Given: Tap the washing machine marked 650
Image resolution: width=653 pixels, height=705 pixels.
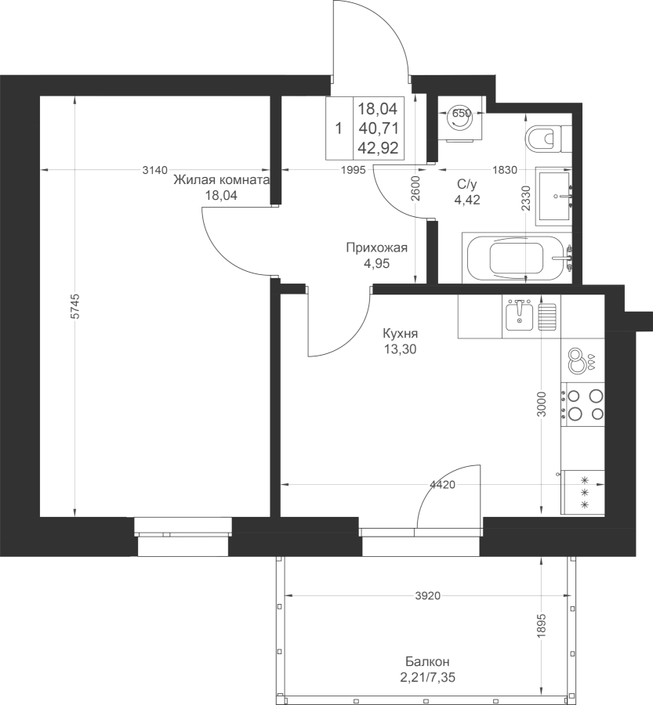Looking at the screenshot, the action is pyautogui.click(x=461, y=119).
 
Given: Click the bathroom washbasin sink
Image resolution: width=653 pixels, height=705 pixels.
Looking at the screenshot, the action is pyautogui.click(x=554, y=196).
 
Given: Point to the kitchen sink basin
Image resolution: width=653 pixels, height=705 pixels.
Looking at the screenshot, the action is pyautogui.click(x=519, y=316).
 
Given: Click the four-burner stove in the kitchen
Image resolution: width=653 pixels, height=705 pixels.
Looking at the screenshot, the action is pyautogui.click(x=582, y=404).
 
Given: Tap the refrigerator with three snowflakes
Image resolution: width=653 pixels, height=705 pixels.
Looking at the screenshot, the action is pyautogui.click(x=582, y=493).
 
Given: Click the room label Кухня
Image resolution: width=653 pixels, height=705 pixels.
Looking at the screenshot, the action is pyautogui.click(x=400, y=334).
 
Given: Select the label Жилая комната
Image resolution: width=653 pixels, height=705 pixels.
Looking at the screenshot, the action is pyautogui.click(x=221, y=180).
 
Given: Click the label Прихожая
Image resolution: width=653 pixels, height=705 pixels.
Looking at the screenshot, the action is pyautogui.click(x=377, y=248).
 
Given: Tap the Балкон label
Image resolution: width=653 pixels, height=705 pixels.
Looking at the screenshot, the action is pyautogui.click(x=427, y=662).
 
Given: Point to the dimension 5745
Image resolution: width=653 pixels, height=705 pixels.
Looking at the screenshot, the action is pyautogui.click(x=75, y=306).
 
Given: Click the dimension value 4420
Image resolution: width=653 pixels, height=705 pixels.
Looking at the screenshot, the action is pyautogui.click(x=443, y=485).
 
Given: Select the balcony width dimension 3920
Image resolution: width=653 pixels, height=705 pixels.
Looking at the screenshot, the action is pyautogui.click(x=427, y=596).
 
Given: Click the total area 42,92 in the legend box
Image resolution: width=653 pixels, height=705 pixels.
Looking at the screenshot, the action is pyautogui.click(x=379, y=148).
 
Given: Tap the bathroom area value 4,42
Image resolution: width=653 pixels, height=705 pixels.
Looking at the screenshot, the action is pyautogui.click(x=467, y=199).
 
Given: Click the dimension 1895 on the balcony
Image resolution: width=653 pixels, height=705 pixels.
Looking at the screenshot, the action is pyautogui.click(x=542, y=625).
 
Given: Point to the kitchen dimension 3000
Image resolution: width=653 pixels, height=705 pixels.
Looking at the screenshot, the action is pyautogui.click(x=542, y=404).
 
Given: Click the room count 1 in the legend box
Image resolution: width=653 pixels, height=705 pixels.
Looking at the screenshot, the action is pyautogui.click(x=339, y=129).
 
